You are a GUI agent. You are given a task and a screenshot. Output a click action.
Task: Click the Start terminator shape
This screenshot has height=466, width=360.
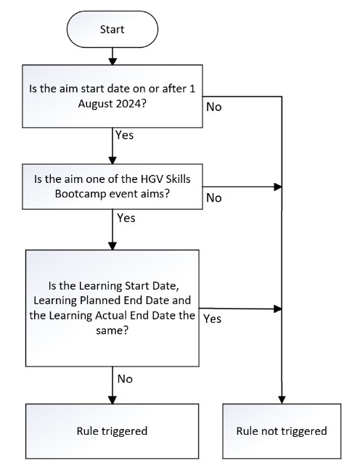point(112,30)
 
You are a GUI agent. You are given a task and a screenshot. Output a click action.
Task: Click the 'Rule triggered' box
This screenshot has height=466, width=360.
point(112,430)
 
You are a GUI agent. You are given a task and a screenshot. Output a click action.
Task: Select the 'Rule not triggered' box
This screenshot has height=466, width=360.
point(282,430)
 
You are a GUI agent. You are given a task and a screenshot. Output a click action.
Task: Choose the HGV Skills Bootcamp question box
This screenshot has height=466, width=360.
point(112,187)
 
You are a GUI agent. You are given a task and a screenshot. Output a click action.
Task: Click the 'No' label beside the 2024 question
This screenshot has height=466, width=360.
point(214,107)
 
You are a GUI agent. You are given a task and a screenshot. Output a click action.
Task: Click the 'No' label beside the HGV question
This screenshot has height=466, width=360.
point(214,197)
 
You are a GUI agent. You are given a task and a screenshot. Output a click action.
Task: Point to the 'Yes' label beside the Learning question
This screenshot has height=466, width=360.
point(213,318)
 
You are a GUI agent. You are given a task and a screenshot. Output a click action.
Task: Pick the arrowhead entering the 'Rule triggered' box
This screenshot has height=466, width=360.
point(112,399)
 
